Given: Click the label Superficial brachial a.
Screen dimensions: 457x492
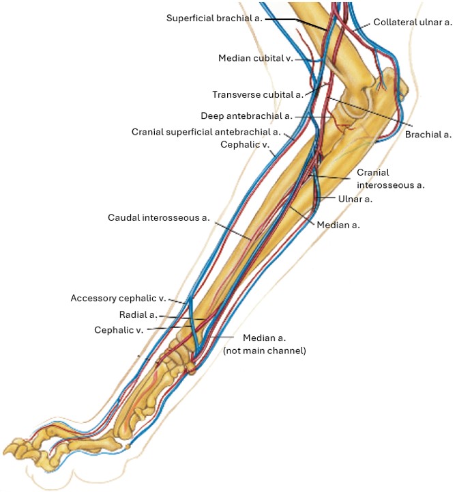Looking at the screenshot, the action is coord(214,18).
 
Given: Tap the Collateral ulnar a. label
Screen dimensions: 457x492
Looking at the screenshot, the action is coord(413,23).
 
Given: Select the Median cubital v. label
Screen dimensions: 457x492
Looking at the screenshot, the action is coord(256,58).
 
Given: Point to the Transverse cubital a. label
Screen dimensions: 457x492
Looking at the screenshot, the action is coord(258,94).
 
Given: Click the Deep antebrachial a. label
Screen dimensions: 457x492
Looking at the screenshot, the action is coord(246,115).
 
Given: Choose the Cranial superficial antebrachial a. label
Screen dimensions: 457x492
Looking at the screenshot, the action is coord(206,132).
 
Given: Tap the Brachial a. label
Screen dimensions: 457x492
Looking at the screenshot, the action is coord(428,135).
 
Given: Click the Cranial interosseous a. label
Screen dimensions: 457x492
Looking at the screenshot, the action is coord(391,179).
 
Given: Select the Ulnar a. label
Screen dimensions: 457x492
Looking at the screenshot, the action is coord(355,199).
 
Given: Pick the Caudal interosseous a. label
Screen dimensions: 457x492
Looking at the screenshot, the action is coord(159,217).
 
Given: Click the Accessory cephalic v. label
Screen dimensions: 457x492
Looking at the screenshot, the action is coord(118,298).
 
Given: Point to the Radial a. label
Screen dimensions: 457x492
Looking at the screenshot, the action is coord(138,315).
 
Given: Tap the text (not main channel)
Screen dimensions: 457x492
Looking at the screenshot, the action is coord(265,351).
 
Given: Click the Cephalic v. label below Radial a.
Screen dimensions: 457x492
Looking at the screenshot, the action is coord(119,330).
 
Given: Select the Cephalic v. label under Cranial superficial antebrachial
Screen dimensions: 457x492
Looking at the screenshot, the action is coord(245,144).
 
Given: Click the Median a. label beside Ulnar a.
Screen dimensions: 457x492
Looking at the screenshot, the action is coord(338,225).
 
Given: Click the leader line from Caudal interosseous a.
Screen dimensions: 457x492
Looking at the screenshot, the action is coord(233,231).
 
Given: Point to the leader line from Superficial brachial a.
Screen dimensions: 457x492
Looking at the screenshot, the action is coord(296,24).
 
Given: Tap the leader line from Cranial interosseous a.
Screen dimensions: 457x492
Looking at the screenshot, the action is coord(330,177).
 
